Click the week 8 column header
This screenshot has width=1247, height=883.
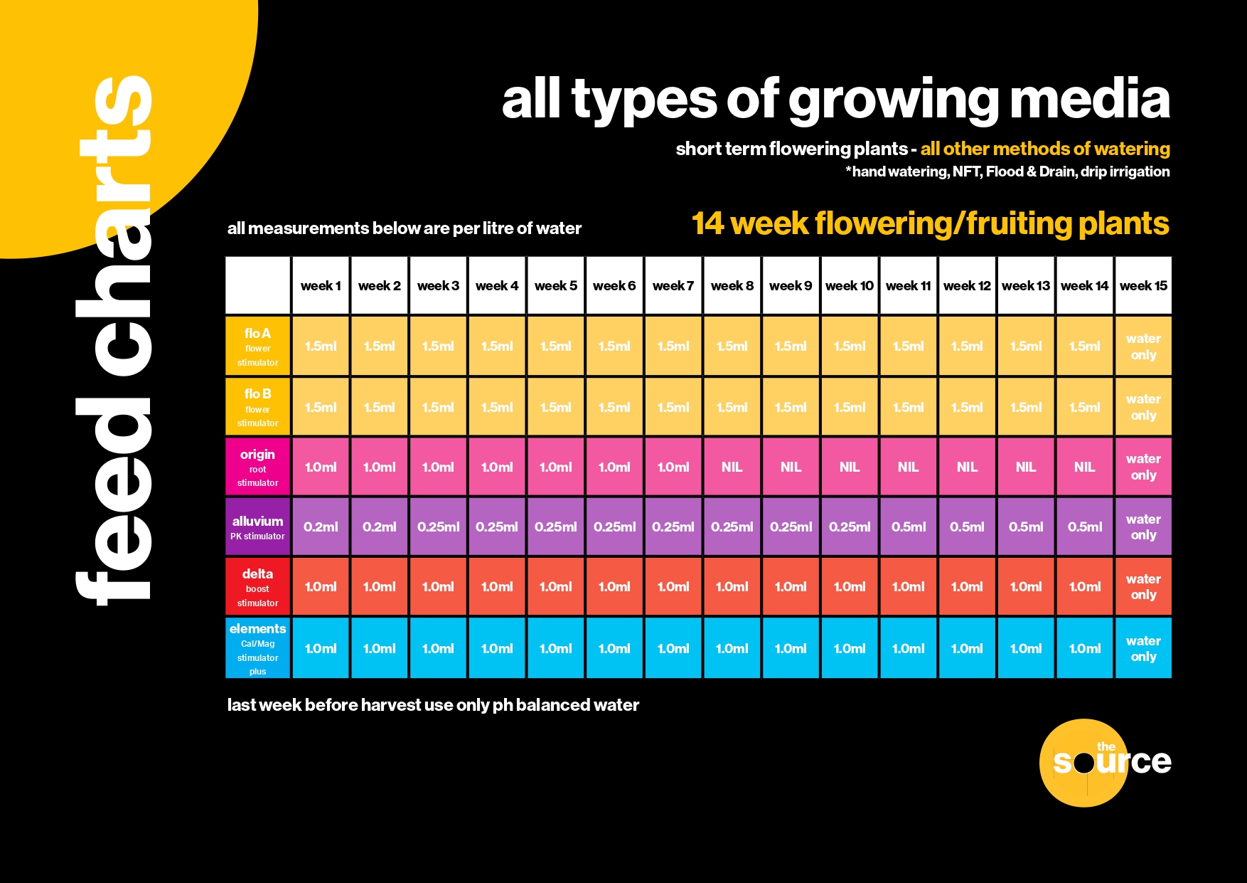(732, 285)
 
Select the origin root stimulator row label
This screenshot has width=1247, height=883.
(257, 467)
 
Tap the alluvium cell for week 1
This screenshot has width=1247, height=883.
(321, 527)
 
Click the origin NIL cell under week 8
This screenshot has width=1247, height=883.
(732, 467)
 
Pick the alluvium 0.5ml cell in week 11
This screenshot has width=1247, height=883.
(908, 527)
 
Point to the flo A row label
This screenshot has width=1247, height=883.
(257, 346)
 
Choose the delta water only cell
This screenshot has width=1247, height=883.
(1143, 586)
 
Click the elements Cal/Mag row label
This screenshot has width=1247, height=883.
(257, 648)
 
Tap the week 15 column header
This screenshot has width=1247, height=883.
(1143, 285)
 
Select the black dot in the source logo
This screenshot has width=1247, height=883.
(1083, 763)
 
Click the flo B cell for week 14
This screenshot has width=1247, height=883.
(1084, 407)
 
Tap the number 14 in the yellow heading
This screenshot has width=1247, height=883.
(708, 223)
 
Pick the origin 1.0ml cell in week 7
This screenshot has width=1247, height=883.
(673, 467)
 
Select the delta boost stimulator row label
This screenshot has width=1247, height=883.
(257, 586)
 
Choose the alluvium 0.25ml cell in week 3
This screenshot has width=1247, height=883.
(438, 527)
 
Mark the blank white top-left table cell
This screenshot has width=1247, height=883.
(257, 285)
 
